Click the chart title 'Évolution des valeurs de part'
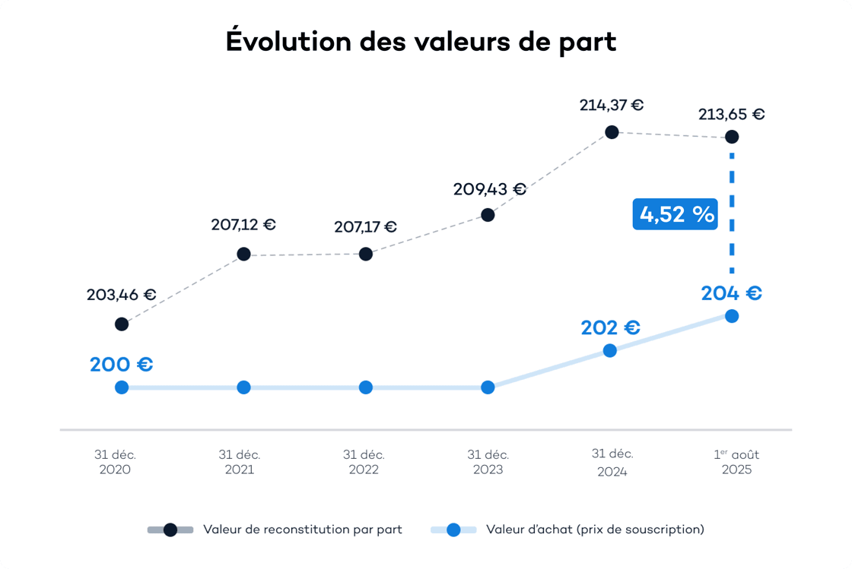click(x=421, y=42)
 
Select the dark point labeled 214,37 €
click(x=611, y=132)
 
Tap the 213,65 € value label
click(x=732, y=115)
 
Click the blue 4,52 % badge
click(x=675, y=214)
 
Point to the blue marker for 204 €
click(x=732, y=316)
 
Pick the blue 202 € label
click(x=610, y=328)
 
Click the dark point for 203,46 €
click(x=122, y=324)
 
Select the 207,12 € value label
click(x=243, y=225)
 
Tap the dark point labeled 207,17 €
click(x=366, y=254)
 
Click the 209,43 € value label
click(x=489, y=189)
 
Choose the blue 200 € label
click(x=122, y=365)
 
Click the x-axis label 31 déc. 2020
click(x=115, y=462)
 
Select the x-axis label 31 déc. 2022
click(x=364, y=462)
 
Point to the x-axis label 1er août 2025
click(x=736, y=462)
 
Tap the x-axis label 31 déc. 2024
click(x=612, y=462)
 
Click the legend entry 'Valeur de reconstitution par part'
click(x=302, y=529)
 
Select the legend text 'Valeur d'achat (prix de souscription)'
click(x=595, y=529)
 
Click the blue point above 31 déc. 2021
click(x=243, y=387)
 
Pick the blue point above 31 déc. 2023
click(x=488, y=387)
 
